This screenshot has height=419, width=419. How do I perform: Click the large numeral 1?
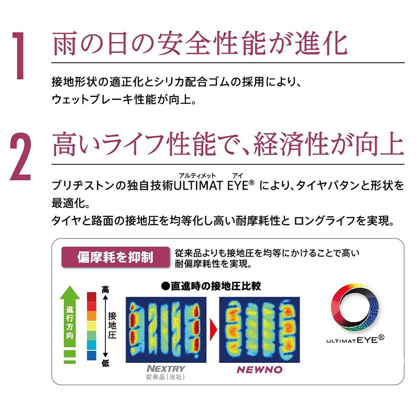coord(19,56)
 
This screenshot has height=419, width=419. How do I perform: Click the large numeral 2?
coord(20,157)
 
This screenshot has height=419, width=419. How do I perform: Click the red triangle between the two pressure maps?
coord(213,329)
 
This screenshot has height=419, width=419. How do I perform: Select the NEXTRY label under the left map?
coord(166,369)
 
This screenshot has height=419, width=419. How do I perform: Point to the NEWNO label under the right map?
coord(259,370)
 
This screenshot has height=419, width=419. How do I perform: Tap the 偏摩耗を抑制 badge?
coord(116,257)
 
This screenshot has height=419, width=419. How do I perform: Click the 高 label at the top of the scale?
coord(105,290)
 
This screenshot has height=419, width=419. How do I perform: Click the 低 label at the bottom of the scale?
coord(105,363)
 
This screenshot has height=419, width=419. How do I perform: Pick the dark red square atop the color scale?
coord(91,297)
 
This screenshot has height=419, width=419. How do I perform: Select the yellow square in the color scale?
coord(91,326)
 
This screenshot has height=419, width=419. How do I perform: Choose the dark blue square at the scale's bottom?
coord(91,356)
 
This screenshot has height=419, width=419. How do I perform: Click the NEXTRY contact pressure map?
coord(166,329)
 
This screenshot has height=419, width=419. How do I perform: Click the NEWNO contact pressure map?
coord(259,329)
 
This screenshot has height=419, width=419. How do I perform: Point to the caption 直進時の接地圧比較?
coord(211,286)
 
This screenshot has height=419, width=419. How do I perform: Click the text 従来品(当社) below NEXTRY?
coord(166,377)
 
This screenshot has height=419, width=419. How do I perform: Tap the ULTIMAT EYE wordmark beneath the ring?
coord(355,339)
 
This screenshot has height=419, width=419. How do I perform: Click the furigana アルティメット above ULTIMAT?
coord(197,175)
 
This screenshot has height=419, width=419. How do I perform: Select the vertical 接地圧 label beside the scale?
coord(112,325)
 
